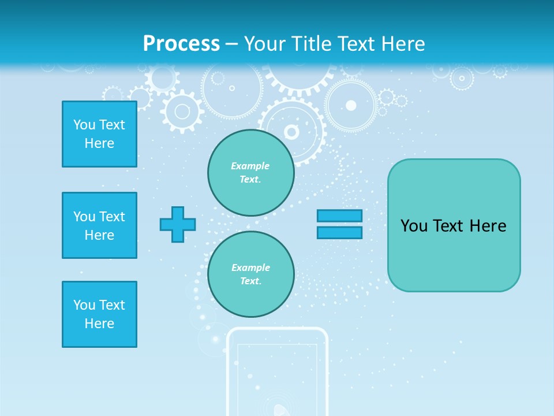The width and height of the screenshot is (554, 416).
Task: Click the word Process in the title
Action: pyautogui.click(x=181, y=44)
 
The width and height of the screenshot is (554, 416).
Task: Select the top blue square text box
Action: pyautogui.click(x=99, y=134)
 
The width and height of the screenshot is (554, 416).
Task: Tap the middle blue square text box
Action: pyautogui.click(x=99, y=225)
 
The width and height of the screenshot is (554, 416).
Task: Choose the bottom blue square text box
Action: pyautogui.click(x=99, y=314)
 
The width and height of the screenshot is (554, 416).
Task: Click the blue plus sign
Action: pyautogui.click(x=178, y=224)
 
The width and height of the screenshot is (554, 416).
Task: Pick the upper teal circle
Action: pyautogui.click(x=250, y=173)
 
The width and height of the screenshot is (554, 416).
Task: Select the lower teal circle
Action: pyautogui.click(x=250, y=274)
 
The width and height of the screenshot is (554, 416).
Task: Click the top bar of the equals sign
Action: pyautogui.click(x=339, y=216)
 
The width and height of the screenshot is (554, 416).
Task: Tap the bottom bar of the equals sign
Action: pyautogui.click(x=339, y=232)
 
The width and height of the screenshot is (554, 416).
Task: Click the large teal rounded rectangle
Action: pyautogui.click(x=454, y=254)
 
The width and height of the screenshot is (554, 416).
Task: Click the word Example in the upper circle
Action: pyautogui.click(x=250, y=166)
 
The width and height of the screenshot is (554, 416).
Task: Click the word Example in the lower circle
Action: pyautogui.click(x=250, y=268)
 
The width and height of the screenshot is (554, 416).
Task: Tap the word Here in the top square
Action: pyautogui.click(x=99, y=143)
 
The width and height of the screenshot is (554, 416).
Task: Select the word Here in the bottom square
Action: pyautogui.click(x=99, y=324)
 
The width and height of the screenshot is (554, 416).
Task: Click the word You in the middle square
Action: pyautogui.click(x=84, y=217)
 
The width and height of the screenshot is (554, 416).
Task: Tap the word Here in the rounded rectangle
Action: pyautogui.click(x=488, y=226)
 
